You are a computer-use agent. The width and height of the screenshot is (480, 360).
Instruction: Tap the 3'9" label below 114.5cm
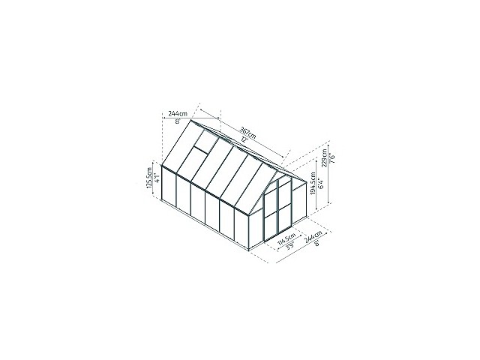coord(284,251)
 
